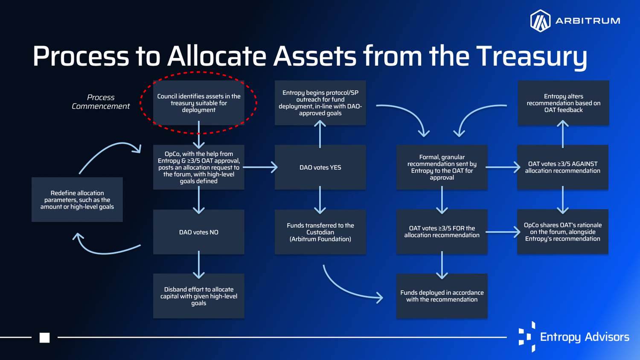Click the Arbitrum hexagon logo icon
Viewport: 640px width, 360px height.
pos(540,20)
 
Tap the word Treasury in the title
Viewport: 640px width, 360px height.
pos(532,57)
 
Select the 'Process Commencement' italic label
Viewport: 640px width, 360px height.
pos(101,102)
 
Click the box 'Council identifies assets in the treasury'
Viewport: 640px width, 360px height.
pos(198,103)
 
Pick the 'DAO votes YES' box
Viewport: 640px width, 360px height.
pos(320,167)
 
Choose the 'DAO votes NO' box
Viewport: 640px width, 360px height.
pos(198,232)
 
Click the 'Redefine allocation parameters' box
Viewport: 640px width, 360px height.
pos(77,200)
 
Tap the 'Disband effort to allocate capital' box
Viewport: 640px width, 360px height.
pos(198,296)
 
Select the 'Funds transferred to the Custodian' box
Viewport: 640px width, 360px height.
pos(320,232)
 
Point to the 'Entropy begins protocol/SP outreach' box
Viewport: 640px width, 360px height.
pos(320,103)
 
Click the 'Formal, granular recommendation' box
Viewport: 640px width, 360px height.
pos(442,167)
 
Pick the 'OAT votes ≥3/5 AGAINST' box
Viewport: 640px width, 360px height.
pos(563,167)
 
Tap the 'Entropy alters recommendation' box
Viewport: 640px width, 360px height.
pos(564,103)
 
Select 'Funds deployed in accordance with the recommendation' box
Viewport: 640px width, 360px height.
pos(442,296)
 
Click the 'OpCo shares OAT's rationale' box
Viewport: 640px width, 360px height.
pos(563,232)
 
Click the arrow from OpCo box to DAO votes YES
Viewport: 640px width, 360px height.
pos(260,167)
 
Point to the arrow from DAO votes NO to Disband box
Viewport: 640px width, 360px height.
pos(198,265)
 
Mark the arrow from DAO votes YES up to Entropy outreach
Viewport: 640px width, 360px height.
pos(320,134)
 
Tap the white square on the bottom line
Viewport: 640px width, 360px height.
pos(44,337)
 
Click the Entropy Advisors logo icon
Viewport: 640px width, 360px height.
pos(527,337)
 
